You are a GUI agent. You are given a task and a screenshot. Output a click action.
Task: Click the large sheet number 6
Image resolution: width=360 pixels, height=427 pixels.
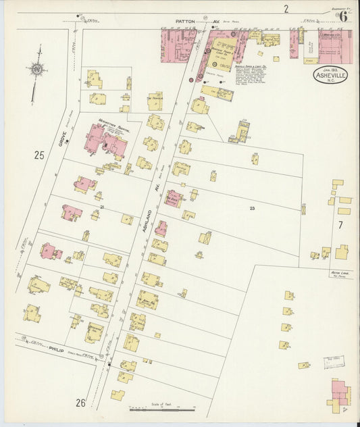point(344,17)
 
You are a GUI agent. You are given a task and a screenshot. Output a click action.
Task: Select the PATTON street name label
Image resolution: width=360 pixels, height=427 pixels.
point(184,22)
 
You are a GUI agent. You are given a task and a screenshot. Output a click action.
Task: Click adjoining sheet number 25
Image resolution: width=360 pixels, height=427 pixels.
point(38,155)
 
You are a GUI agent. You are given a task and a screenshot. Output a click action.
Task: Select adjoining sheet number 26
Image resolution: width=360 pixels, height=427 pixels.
point(80,403)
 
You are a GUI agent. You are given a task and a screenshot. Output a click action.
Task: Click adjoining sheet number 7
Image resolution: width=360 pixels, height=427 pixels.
point(340,224)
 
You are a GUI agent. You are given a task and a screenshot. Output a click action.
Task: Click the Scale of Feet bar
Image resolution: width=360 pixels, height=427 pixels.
point(162,409)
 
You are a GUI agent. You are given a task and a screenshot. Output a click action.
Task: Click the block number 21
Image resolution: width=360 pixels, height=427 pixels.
point(101,207)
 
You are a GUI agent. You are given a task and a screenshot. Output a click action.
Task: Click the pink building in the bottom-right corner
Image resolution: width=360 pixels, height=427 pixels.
point(340,393)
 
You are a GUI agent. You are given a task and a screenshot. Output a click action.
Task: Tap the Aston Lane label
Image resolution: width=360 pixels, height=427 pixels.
point(338,274)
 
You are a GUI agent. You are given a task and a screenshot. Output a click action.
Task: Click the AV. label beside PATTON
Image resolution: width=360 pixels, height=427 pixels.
point(215,22)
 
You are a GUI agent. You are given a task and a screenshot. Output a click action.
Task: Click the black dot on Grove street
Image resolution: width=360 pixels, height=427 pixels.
point(68,141)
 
